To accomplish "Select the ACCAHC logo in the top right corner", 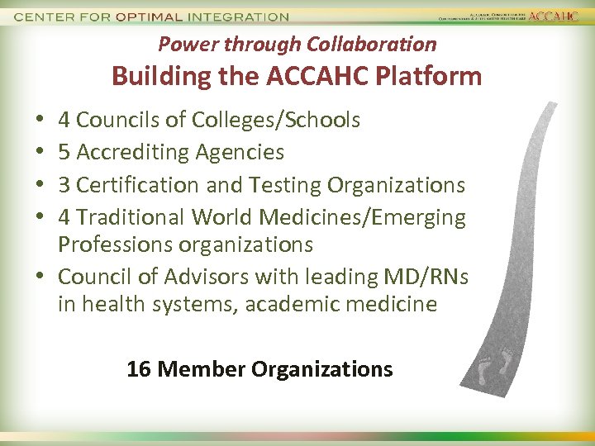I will click(x=553, y=16).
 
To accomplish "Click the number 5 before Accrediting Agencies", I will click(x=64, y=152).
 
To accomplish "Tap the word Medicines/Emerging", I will click(x=362, y=217).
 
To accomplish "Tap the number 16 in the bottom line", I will click(x=139, y=369).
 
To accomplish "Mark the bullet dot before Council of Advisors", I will click(x=40, y=278).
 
